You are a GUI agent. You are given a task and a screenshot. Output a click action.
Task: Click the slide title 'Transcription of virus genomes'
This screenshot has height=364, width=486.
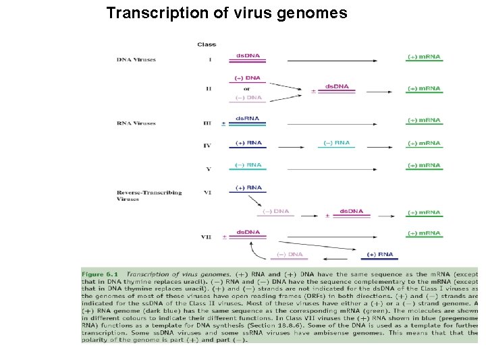coord(227,13)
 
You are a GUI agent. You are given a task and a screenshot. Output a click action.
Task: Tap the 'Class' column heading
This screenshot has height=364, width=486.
coord(207,44)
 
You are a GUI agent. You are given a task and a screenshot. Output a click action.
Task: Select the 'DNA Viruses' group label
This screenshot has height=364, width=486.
coord(136,59)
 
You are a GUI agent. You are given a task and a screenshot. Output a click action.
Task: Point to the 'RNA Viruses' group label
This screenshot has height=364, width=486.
coord(136,123)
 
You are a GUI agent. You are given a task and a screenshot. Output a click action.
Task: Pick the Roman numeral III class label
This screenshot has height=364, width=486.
coord(207,124)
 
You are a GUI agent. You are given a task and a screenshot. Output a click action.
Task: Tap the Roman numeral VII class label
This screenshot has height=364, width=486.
coord(207,237)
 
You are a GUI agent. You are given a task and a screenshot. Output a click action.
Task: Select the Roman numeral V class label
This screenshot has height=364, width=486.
coord(207,169)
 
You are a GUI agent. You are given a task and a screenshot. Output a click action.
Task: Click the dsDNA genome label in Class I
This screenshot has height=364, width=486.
coord(248,55)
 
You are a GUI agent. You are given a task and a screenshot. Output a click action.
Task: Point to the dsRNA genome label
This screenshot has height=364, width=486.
coord(248,119)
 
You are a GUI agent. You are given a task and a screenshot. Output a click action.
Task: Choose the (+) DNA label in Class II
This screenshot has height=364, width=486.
coord(248,78)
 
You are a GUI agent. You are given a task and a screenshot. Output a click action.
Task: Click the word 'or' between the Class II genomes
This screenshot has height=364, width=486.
coord(247,88)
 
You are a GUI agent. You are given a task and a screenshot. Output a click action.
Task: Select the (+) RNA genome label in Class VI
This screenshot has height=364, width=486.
coord(248,187)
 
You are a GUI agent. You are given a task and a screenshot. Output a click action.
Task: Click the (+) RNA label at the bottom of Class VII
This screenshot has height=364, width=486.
coord(379,254)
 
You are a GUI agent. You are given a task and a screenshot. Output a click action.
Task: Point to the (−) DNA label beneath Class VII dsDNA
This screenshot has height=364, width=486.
coord(287,254)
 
